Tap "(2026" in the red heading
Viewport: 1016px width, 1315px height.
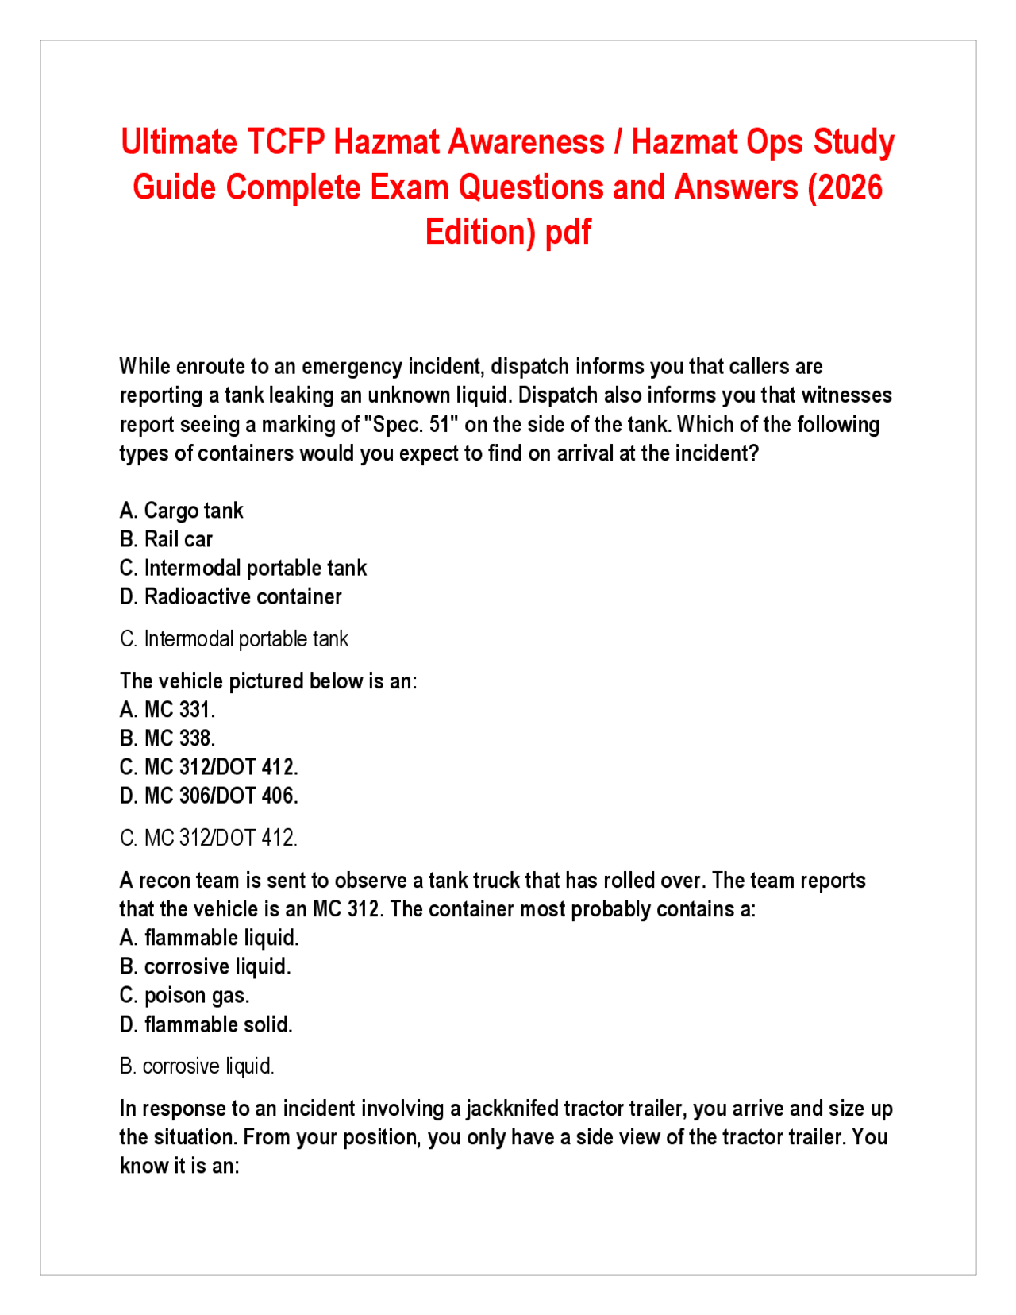(845, 188)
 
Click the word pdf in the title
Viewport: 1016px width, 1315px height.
(568, 233)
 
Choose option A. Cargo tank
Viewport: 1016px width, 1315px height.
(182, 511)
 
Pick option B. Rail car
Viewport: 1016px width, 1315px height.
(167, 539)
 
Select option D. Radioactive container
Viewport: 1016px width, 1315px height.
(231, 596)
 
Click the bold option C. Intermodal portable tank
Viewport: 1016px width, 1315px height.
(244, 568)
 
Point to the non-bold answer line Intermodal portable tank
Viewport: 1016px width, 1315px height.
(235, 639)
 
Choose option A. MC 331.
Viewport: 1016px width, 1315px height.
(167, 709)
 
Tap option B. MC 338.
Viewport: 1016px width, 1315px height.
(167, 738)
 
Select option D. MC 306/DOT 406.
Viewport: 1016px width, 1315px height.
(210, 796)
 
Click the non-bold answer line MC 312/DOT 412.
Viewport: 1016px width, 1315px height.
(209, 838)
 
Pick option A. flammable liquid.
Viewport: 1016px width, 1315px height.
(210, 938)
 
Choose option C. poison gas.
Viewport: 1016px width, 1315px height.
(185, 995)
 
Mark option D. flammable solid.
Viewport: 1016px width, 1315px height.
(206, 1024)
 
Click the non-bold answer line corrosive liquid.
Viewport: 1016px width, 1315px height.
(197, 1066)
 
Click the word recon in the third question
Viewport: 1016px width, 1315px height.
(164, 881)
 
